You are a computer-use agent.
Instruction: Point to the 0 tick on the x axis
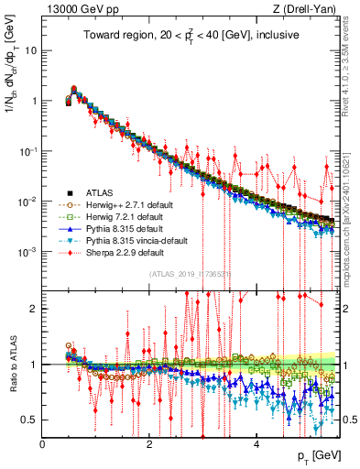(x=43, y=443)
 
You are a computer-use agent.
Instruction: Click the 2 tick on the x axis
(x=149, y=443)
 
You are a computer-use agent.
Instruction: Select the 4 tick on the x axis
(x=256, y=443)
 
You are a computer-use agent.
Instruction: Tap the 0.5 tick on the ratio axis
(x=29, y=420)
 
